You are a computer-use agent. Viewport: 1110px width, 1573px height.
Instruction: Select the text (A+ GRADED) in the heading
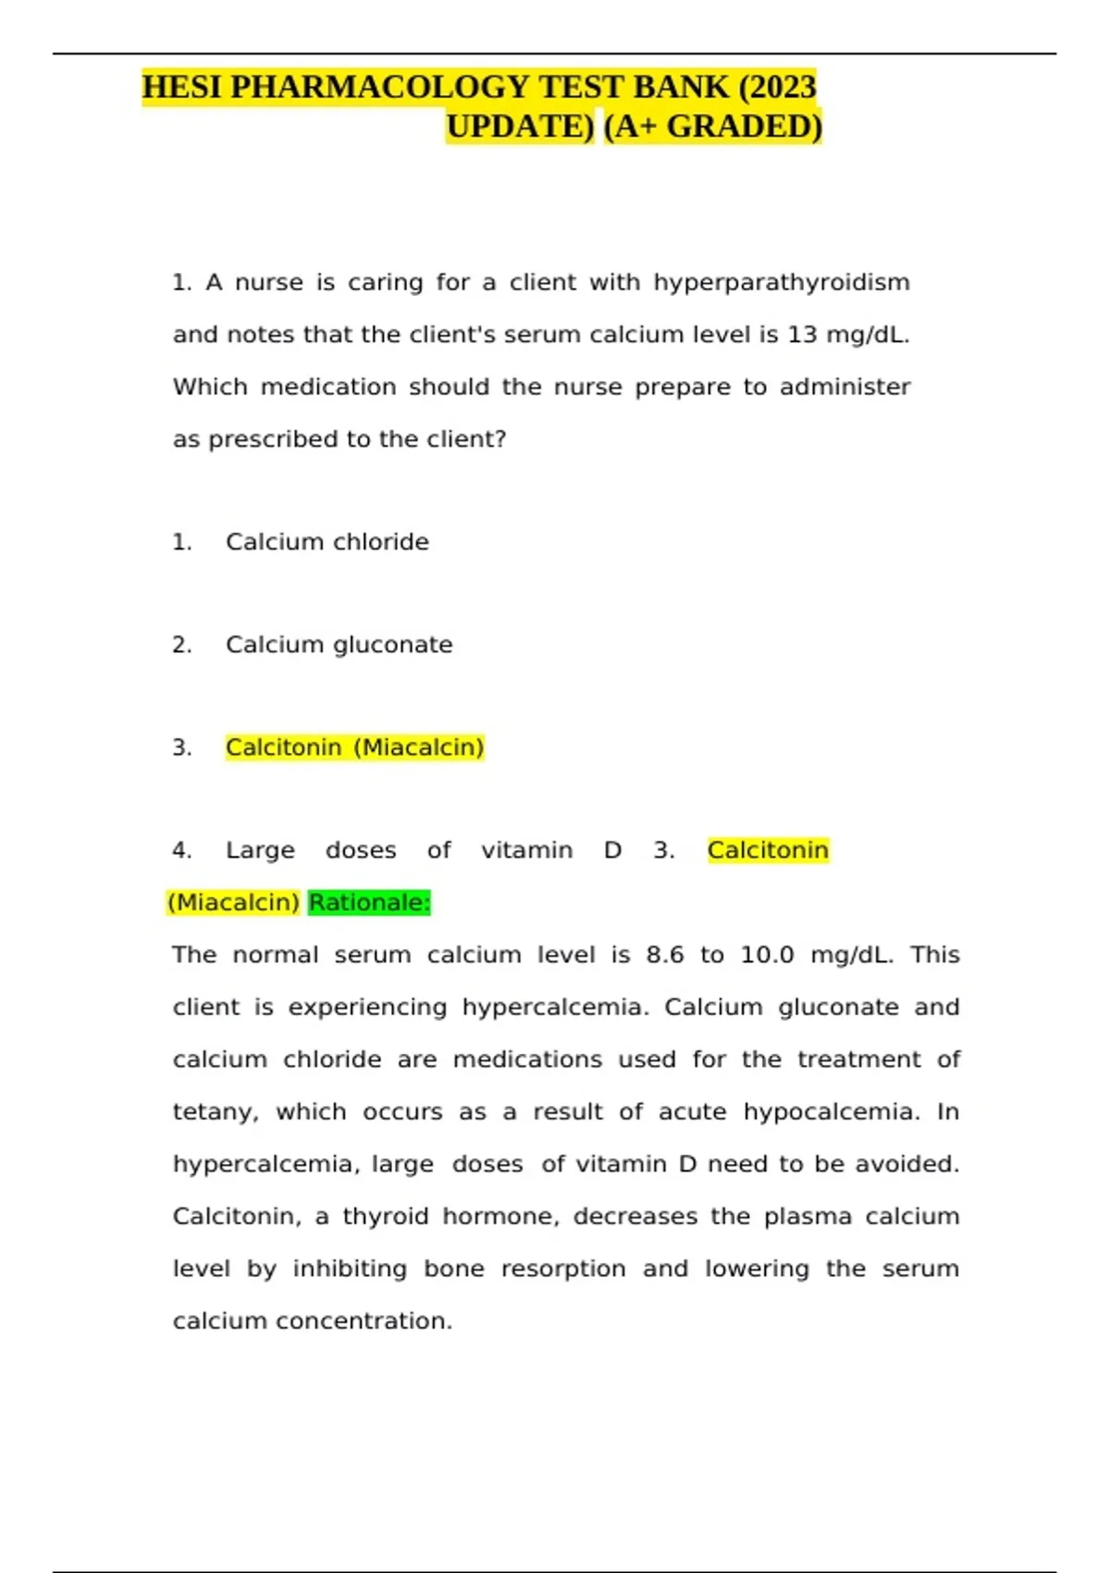tap(712, 126)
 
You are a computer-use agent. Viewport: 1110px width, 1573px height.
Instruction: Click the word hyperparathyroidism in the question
tap(782, 282)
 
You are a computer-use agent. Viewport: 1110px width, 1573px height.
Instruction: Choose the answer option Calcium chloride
tap(327, 541)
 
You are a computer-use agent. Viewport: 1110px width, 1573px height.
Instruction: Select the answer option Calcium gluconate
tap(339, 644)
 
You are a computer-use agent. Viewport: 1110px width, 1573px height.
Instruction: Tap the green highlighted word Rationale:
tap(370, 902)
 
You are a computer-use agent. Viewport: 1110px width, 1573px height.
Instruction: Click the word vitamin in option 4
tap(526, 850)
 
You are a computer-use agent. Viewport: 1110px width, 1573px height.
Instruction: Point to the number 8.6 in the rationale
tap(665, 955)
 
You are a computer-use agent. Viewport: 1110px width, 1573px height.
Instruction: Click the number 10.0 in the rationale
tap(767, 955)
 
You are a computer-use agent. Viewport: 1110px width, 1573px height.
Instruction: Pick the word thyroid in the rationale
tap(386, 1216)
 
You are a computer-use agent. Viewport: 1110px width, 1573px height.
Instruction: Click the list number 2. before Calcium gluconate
tap(182, 644)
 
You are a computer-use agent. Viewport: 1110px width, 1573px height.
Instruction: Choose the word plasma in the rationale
tap(808, 1216)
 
